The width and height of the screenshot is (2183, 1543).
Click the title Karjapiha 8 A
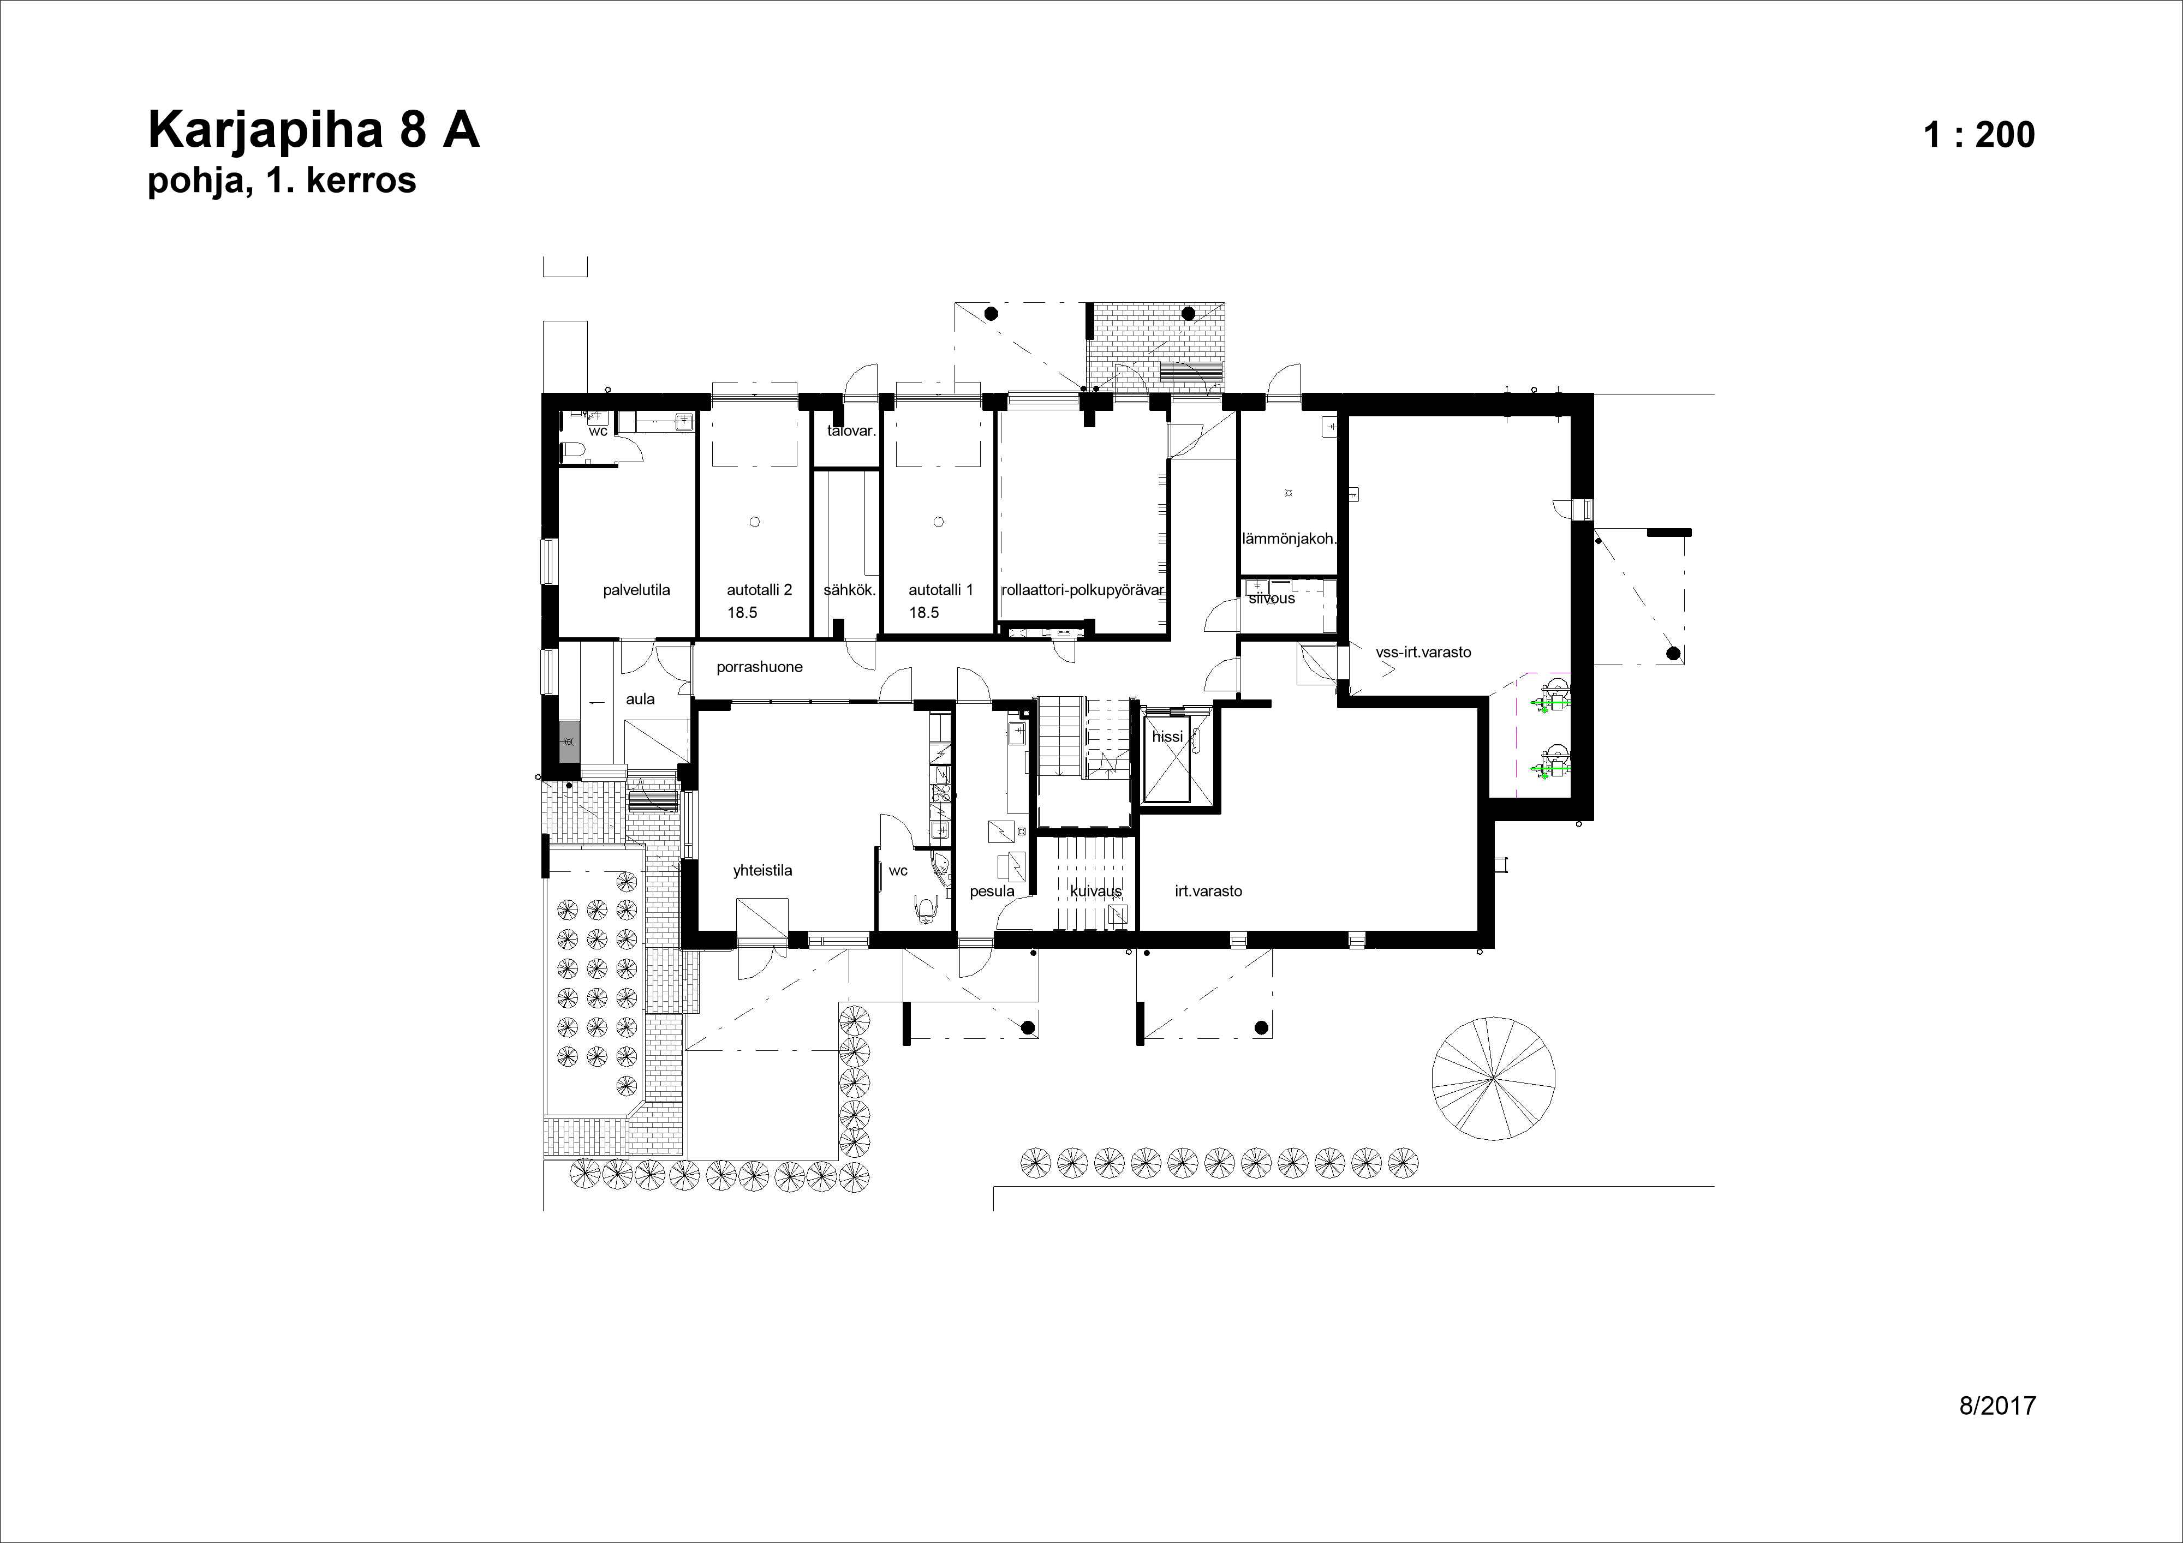[314, 130]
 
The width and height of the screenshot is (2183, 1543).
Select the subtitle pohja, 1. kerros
[282, 180]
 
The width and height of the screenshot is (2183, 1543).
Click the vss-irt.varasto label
[1422, 652]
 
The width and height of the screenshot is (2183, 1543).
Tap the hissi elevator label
[1167, 737]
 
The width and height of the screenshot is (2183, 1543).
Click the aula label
[640, 699]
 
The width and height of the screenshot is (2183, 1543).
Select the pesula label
[992, 892]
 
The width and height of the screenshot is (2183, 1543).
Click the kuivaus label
[1095, 892]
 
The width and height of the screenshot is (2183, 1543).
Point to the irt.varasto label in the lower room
[1208, 892]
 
